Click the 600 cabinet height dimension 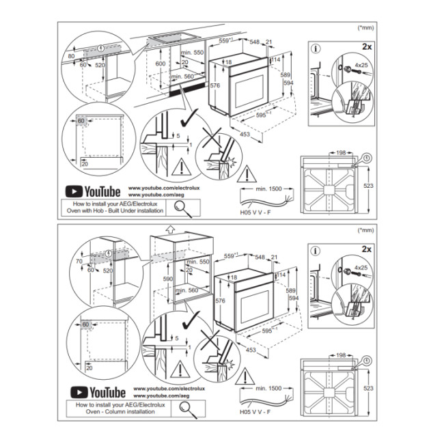160,63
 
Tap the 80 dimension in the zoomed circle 71,56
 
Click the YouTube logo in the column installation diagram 95,391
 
